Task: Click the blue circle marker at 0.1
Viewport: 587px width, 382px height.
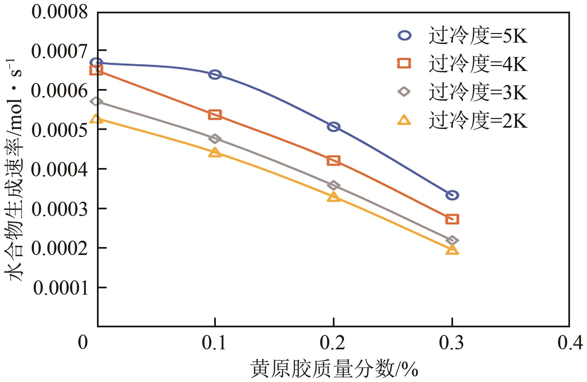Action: [x=215, y=74]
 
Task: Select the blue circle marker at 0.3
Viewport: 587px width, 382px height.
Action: [x=452, y=195]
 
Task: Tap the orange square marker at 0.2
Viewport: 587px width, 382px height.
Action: [x=333, y=161]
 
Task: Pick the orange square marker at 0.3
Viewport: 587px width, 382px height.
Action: [x=452, y=219]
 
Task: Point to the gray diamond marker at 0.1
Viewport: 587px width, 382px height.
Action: [x=215, y=139]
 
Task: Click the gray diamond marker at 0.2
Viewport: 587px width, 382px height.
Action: [x=333, y=185]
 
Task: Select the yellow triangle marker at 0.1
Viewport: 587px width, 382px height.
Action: [x=215, y=153]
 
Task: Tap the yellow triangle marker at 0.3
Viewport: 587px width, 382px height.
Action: [x=452, y=250]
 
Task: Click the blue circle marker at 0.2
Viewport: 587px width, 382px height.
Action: [x=333, y=127]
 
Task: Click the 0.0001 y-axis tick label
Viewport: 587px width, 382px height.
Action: [x=61, y=287]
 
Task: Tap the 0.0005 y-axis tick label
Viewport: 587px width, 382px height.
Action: [x=60, y=129]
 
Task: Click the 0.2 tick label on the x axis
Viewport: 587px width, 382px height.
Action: [x=333, y=343]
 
